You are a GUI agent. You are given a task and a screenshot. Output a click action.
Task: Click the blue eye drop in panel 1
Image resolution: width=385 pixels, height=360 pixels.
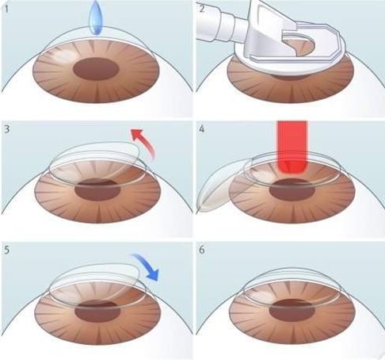[x=96, y=18]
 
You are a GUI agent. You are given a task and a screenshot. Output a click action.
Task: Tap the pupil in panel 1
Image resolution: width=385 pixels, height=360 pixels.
[x=96, y=69]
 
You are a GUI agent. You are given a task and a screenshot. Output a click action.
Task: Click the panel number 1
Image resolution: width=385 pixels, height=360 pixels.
[x=6, y=9]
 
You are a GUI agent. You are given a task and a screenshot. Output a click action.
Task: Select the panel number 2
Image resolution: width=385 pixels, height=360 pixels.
[x=202, y=8]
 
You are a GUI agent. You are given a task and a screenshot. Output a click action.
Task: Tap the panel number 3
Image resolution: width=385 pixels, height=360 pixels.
[x=7, y=129]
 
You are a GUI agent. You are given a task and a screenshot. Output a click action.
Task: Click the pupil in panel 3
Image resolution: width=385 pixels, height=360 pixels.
[x=97, y=190]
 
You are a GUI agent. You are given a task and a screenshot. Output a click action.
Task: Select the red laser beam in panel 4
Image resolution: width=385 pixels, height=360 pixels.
[x=292, y=147]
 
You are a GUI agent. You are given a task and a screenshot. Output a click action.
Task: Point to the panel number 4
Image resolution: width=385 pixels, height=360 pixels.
[x=202, y=129]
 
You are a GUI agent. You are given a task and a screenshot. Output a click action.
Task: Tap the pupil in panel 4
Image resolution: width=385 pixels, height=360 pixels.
[x=292, y=190]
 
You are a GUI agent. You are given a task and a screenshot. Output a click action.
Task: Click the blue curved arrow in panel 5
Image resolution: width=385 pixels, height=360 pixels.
[x=148, y=266]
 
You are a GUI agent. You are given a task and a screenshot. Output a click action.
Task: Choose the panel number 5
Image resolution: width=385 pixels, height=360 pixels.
[x=7, y=250]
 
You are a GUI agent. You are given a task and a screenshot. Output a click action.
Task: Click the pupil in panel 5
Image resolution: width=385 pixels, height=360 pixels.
[x=97, y=311]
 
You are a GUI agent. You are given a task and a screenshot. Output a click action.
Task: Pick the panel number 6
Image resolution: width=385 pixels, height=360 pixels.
[x=202, y=250]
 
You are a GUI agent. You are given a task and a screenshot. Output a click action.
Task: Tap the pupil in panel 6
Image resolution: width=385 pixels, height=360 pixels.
[x=292, y=311]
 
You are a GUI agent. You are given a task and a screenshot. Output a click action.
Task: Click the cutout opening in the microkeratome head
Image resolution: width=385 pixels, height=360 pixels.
[x=303, y=45]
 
